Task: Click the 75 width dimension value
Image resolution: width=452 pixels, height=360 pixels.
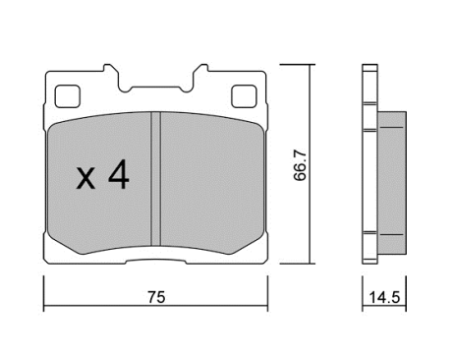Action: [156, 297]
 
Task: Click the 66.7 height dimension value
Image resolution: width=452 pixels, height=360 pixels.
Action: [300, 165]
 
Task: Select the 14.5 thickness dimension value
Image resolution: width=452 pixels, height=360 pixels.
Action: [384, 298]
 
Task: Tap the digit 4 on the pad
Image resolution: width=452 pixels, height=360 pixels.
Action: [119, 175]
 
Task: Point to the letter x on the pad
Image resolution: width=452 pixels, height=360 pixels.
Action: [85, 179]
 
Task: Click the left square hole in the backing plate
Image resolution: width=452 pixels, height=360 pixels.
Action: [68, 96]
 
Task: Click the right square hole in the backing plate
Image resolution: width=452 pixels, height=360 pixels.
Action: [244, 96]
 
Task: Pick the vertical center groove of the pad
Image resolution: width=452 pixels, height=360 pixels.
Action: [156, 179]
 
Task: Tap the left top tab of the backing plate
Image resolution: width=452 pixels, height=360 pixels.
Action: [110, 71]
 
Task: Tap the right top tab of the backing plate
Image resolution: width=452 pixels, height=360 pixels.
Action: [200, 71]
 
